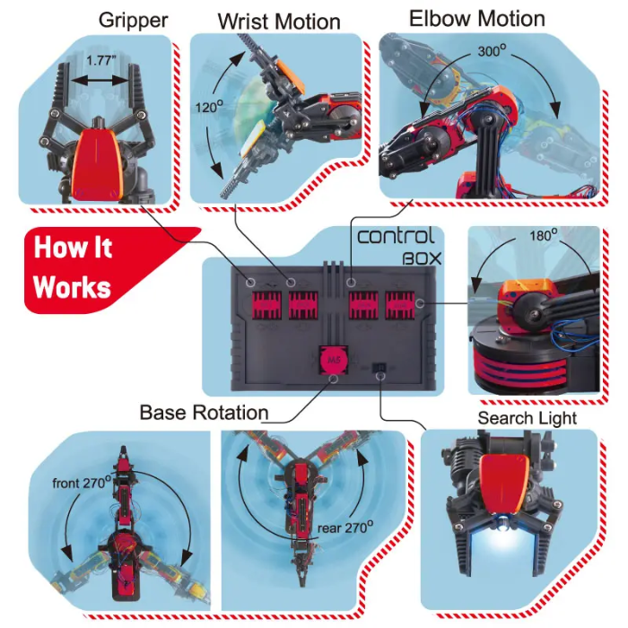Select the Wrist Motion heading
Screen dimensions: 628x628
click(279, 21)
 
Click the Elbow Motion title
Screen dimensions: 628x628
click(476, 18)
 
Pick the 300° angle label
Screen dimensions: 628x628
click(489, 52)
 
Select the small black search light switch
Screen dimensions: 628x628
click(379, 369)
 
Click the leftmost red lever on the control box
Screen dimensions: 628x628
click(266, 305)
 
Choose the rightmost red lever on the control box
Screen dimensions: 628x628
click(400, 306)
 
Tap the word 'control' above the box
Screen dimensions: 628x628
click(396, 237)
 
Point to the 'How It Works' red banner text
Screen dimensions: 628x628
click(74, 266)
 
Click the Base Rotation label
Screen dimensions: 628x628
click(204, 413)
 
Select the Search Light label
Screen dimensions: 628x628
click(527, 418)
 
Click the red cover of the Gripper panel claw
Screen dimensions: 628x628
click(96, 161)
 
